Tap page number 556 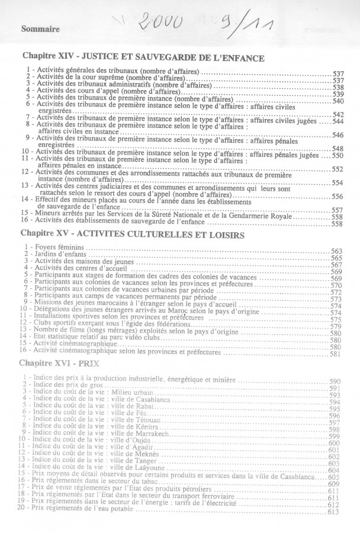[337, 197]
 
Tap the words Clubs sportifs [53, 326]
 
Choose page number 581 [336, 354]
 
